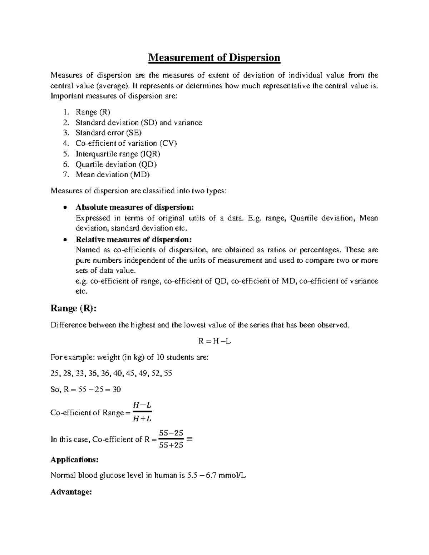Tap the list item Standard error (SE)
[109, 133]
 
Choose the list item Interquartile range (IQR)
[118, 154]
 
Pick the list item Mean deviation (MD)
[113, 175]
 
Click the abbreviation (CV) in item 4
[168, 144]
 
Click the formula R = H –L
[214, 341]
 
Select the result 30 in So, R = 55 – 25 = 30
[117, 390]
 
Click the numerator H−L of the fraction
[142, 406]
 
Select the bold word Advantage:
[71, 492]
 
